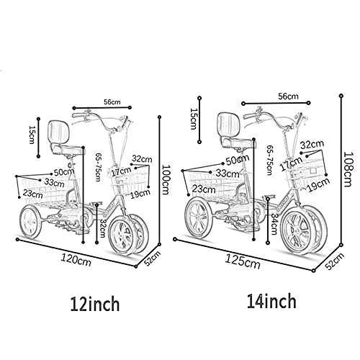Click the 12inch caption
(x=95, y=303)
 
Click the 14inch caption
(x=271, y=301)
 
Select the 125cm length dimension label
(x=243, y=261)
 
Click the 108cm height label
(x=348, y=168)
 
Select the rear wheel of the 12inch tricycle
(x=30, y=222)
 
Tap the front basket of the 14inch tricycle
(x=305, y=174)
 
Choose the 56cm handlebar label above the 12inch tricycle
(x=112, y=102)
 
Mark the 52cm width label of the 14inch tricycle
(x=335, y=261)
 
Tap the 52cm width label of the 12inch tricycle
(x=152, y=258)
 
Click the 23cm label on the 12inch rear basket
(x=33, y=193)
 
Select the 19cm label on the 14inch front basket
(x=319, y=184)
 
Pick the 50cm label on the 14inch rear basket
(x=238, y=159)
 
